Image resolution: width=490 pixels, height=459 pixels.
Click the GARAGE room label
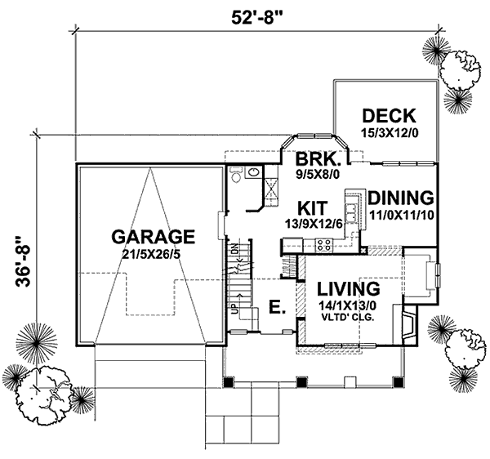coord(154,237)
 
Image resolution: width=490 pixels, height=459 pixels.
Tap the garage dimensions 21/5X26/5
coord(154,255)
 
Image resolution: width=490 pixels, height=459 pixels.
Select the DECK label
coord(389,115)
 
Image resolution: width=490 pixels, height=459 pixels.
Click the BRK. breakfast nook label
coord(314,158)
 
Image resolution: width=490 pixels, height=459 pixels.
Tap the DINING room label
coord(399,198)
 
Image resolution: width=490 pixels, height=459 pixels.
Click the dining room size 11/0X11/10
coord(399,214)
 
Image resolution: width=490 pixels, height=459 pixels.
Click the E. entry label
coord(276,307)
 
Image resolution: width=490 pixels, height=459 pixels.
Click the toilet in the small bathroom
coord(235,174)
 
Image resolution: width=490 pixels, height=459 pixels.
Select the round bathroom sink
coord(253,172)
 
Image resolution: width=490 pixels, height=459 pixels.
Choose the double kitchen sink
coord(351,211)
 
